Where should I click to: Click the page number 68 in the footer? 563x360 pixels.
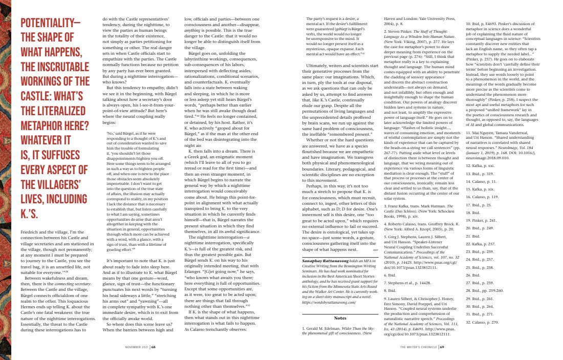click(x=153, y=346)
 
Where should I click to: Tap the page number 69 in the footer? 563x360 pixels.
click(x=441, y=346)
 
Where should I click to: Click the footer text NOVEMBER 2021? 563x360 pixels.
click(x=137, y=346)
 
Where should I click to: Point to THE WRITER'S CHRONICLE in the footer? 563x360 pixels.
click(x=418, y=346)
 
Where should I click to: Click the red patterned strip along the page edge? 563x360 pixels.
click(x=5, y=179)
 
